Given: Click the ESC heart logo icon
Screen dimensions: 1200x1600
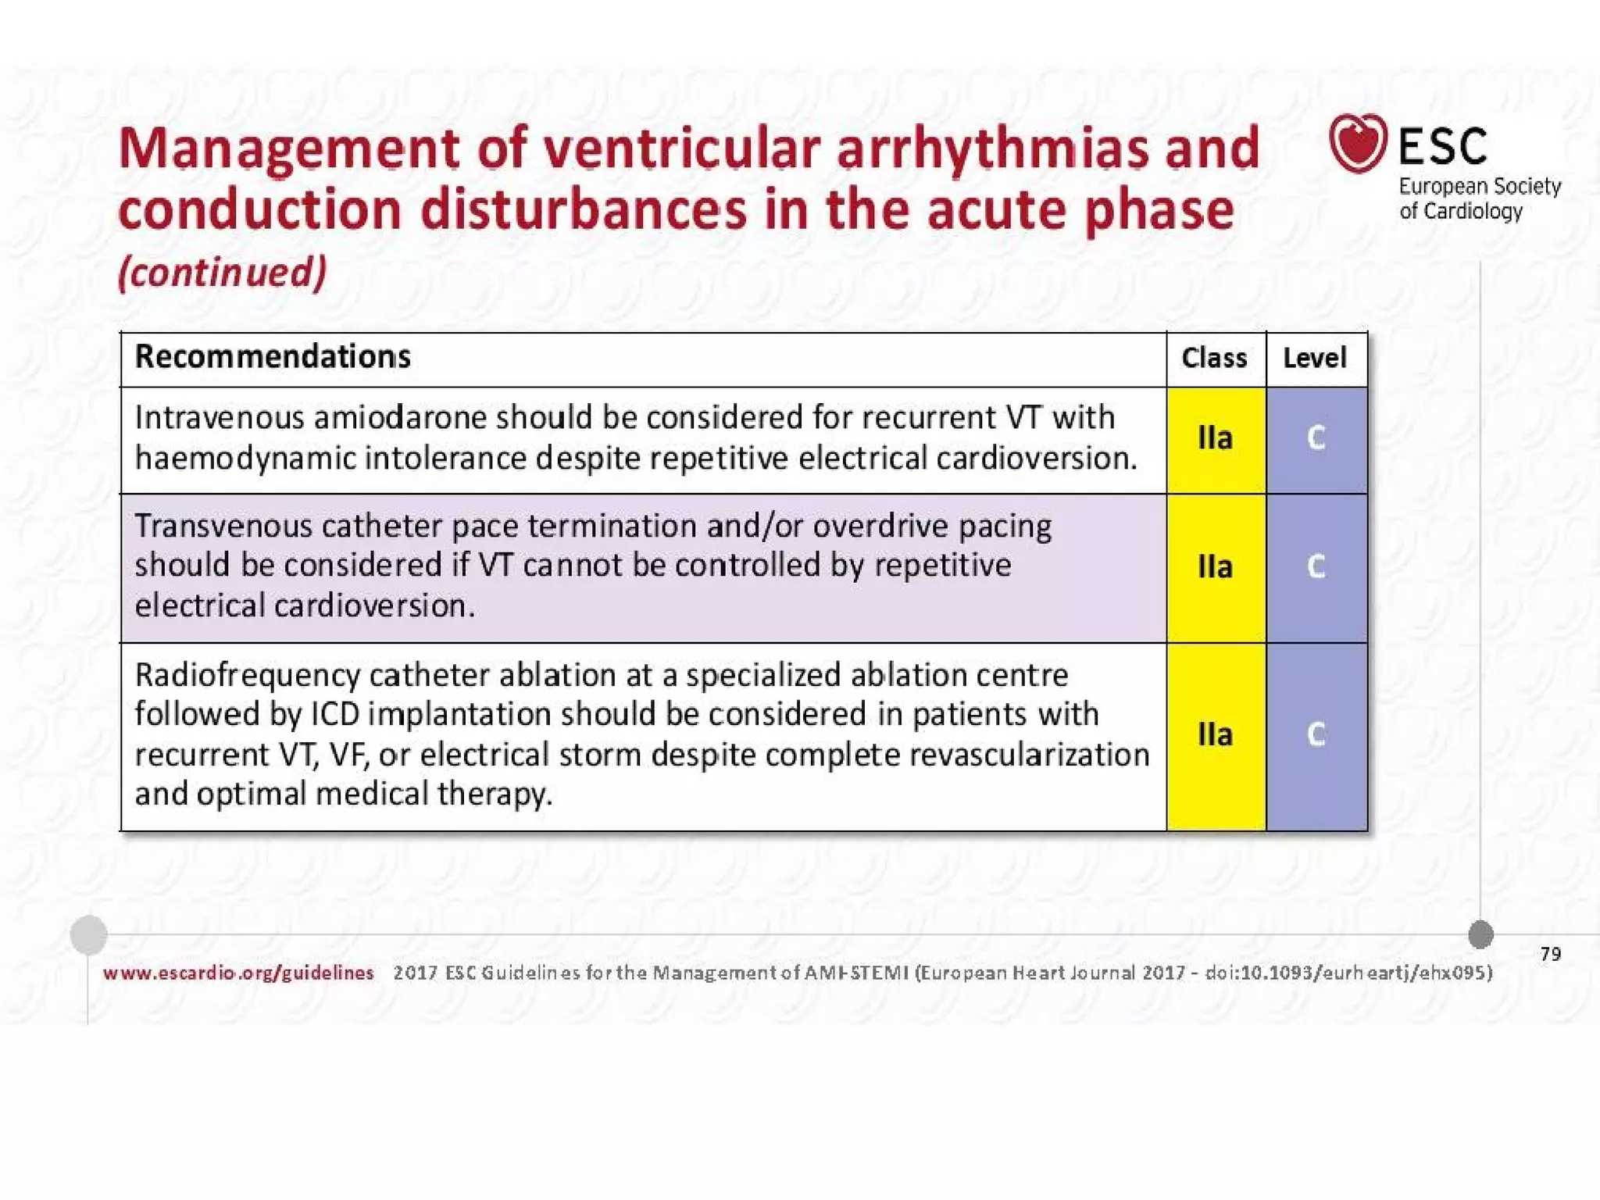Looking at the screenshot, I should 1358,144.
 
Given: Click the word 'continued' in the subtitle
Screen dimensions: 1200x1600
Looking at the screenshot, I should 222,273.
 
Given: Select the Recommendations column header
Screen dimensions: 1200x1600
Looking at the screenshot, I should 273,357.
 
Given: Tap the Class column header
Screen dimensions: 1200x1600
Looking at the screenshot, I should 1214,359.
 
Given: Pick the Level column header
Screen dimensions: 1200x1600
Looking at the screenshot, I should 1315,359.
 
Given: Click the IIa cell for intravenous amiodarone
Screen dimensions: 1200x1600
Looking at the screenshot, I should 1216,438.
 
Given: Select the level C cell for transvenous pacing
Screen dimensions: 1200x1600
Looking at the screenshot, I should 1316,567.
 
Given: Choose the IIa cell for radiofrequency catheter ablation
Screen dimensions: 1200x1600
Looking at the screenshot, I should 1216,735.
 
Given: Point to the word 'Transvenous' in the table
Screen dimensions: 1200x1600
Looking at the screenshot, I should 223,527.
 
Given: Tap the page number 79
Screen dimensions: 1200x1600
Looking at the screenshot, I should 1550,954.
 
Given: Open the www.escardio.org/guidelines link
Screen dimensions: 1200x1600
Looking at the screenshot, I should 238,973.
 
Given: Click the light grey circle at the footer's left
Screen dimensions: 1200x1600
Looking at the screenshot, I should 88,934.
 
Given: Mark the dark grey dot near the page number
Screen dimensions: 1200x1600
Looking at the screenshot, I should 1480,934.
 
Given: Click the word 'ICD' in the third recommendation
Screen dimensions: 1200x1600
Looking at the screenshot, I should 334,715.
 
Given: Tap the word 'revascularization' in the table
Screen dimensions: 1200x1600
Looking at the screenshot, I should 1028,755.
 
